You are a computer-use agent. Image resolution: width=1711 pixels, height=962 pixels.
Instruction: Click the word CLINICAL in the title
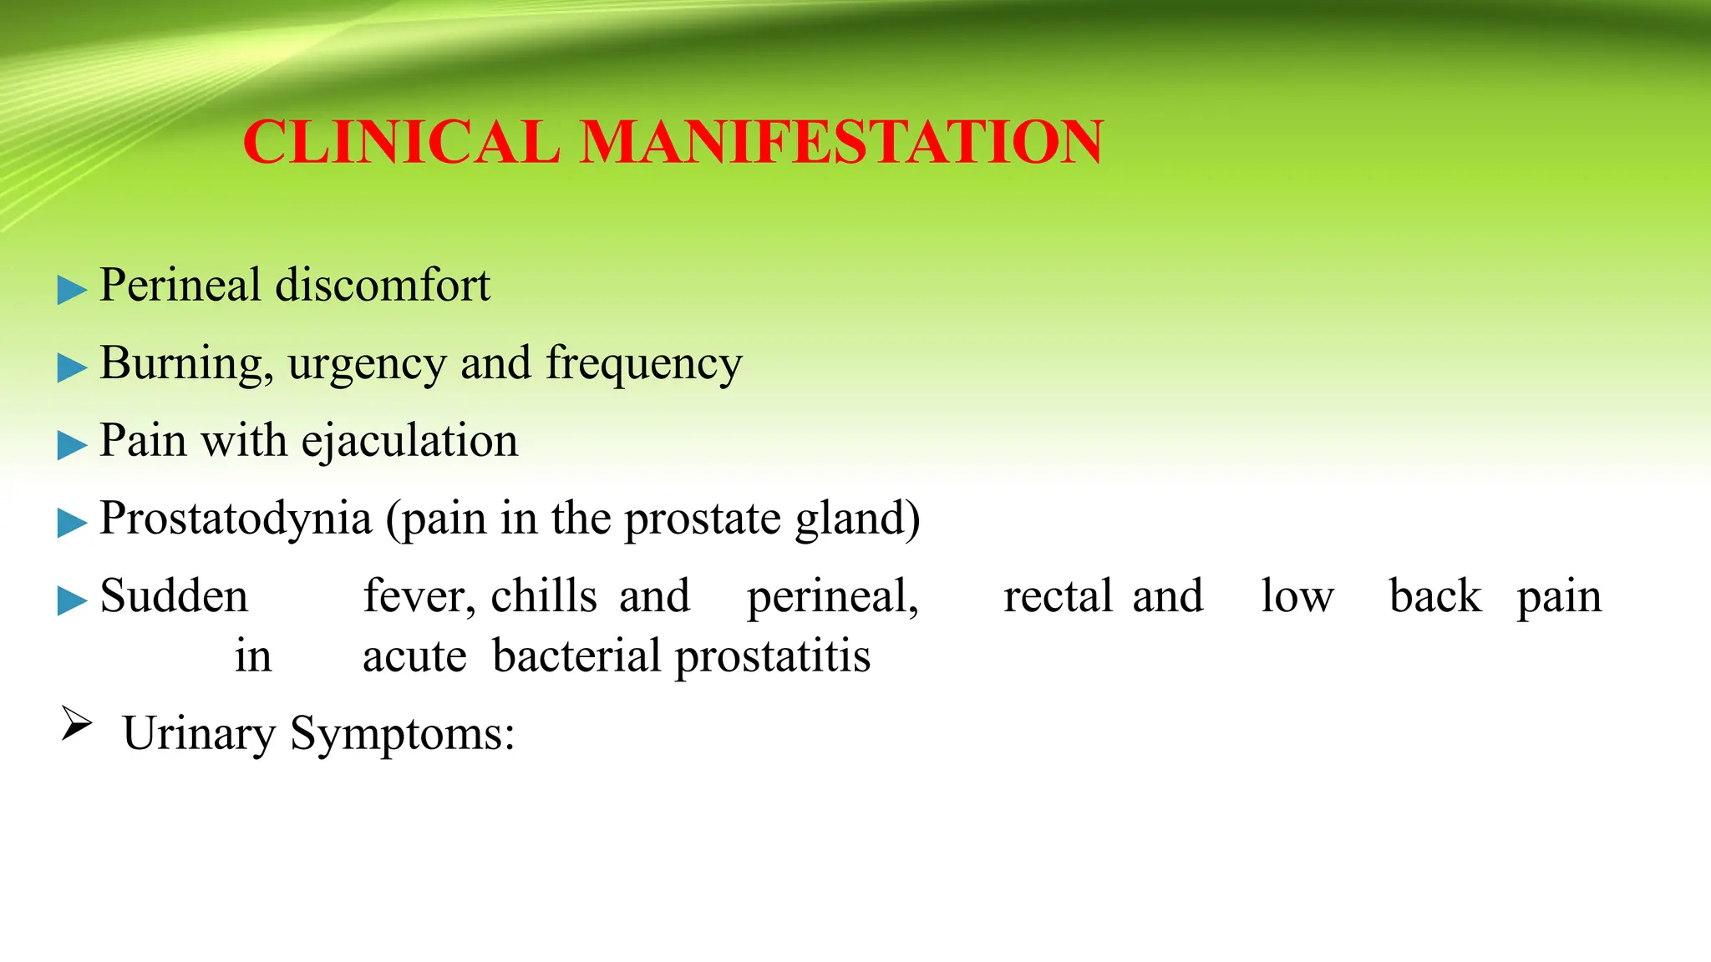401,142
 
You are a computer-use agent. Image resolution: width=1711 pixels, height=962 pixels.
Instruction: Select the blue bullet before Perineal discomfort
72,291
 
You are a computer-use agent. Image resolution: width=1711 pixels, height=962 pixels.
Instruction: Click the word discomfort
383,285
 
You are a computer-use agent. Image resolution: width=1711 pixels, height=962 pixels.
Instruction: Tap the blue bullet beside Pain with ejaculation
72,445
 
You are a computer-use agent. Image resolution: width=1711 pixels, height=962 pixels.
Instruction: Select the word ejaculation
409,441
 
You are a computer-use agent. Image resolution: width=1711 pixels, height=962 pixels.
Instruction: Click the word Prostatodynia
236,519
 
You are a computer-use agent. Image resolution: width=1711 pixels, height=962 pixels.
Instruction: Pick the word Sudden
174,596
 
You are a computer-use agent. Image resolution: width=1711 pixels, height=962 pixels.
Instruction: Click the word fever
419,596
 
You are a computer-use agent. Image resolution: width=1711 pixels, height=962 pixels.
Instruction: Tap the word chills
543,596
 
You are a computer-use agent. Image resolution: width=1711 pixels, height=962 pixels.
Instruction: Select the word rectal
1058,596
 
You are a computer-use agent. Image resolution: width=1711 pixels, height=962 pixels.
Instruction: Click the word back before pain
1434,596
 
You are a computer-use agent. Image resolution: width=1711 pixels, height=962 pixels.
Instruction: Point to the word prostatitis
773,657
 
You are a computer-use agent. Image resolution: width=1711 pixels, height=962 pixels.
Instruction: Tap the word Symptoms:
402,735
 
